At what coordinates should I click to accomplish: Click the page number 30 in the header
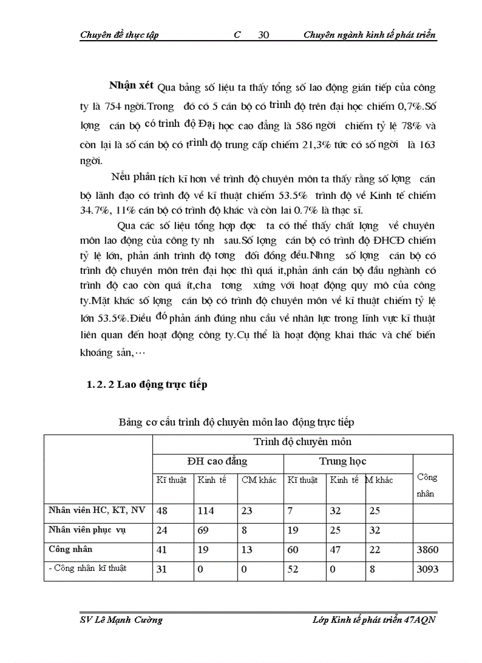coord(264,35)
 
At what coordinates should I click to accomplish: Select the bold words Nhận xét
coord(131,86)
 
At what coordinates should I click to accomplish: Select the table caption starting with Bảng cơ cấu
coord(236,422)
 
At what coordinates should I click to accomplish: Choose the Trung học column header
coord(343,461)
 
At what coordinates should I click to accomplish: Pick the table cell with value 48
coord(161,511)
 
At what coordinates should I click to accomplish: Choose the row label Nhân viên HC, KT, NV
coord(97,511)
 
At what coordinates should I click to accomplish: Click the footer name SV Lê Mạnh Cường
coord(120,619)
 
